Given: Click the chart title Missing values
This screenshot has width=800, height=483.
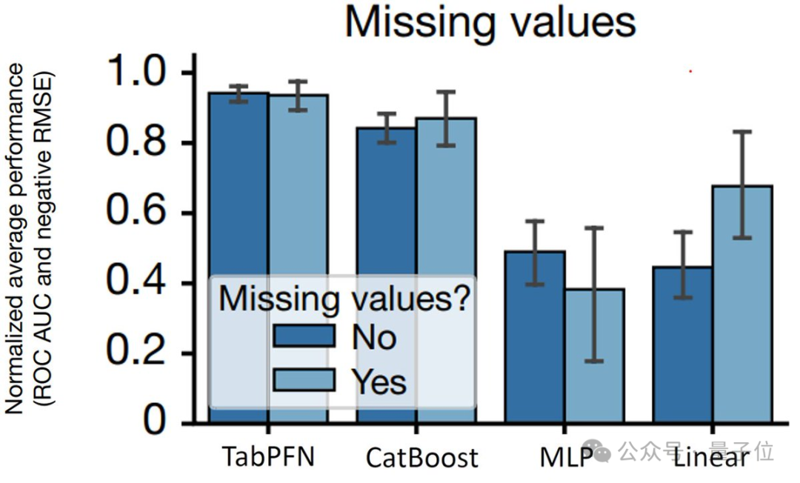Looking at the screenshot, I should (x=490, y=23).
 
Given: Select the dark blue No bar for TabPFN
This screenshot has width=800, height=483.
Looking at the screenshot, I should (x=238, y=185).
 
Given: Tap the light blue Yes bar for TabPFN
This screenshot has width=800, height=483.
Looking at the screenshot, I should (x=298, y=185).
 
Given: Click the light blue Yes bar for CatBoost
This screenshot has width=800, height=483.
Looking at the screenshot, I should (x=445, y=200).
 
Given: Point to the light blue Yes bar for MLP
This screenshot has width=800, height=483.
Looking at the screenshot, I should (x=594, y=356).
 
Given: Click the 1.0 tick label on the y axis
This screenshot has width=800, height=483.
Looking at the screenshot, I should (x=141, y=73).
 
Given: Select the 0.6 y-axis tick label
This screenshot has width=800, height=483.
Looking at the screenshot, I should (x=141, y=214).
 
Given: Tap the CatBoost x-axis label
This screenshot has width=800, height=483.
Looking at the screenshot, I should (x=421, y=458).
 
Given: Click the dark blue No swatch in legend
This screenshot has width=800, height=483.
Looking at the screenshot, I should (x=304, y=337).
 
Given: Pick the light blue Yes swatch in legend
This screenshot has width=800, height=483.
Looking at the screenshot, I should (x=304, y=380).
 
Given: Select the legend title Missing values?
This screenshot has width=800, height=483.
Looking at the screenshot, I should (x=345, y=299).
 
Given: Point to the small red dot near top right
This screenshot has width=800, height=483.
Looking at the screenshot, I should (x=690, y=72).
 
